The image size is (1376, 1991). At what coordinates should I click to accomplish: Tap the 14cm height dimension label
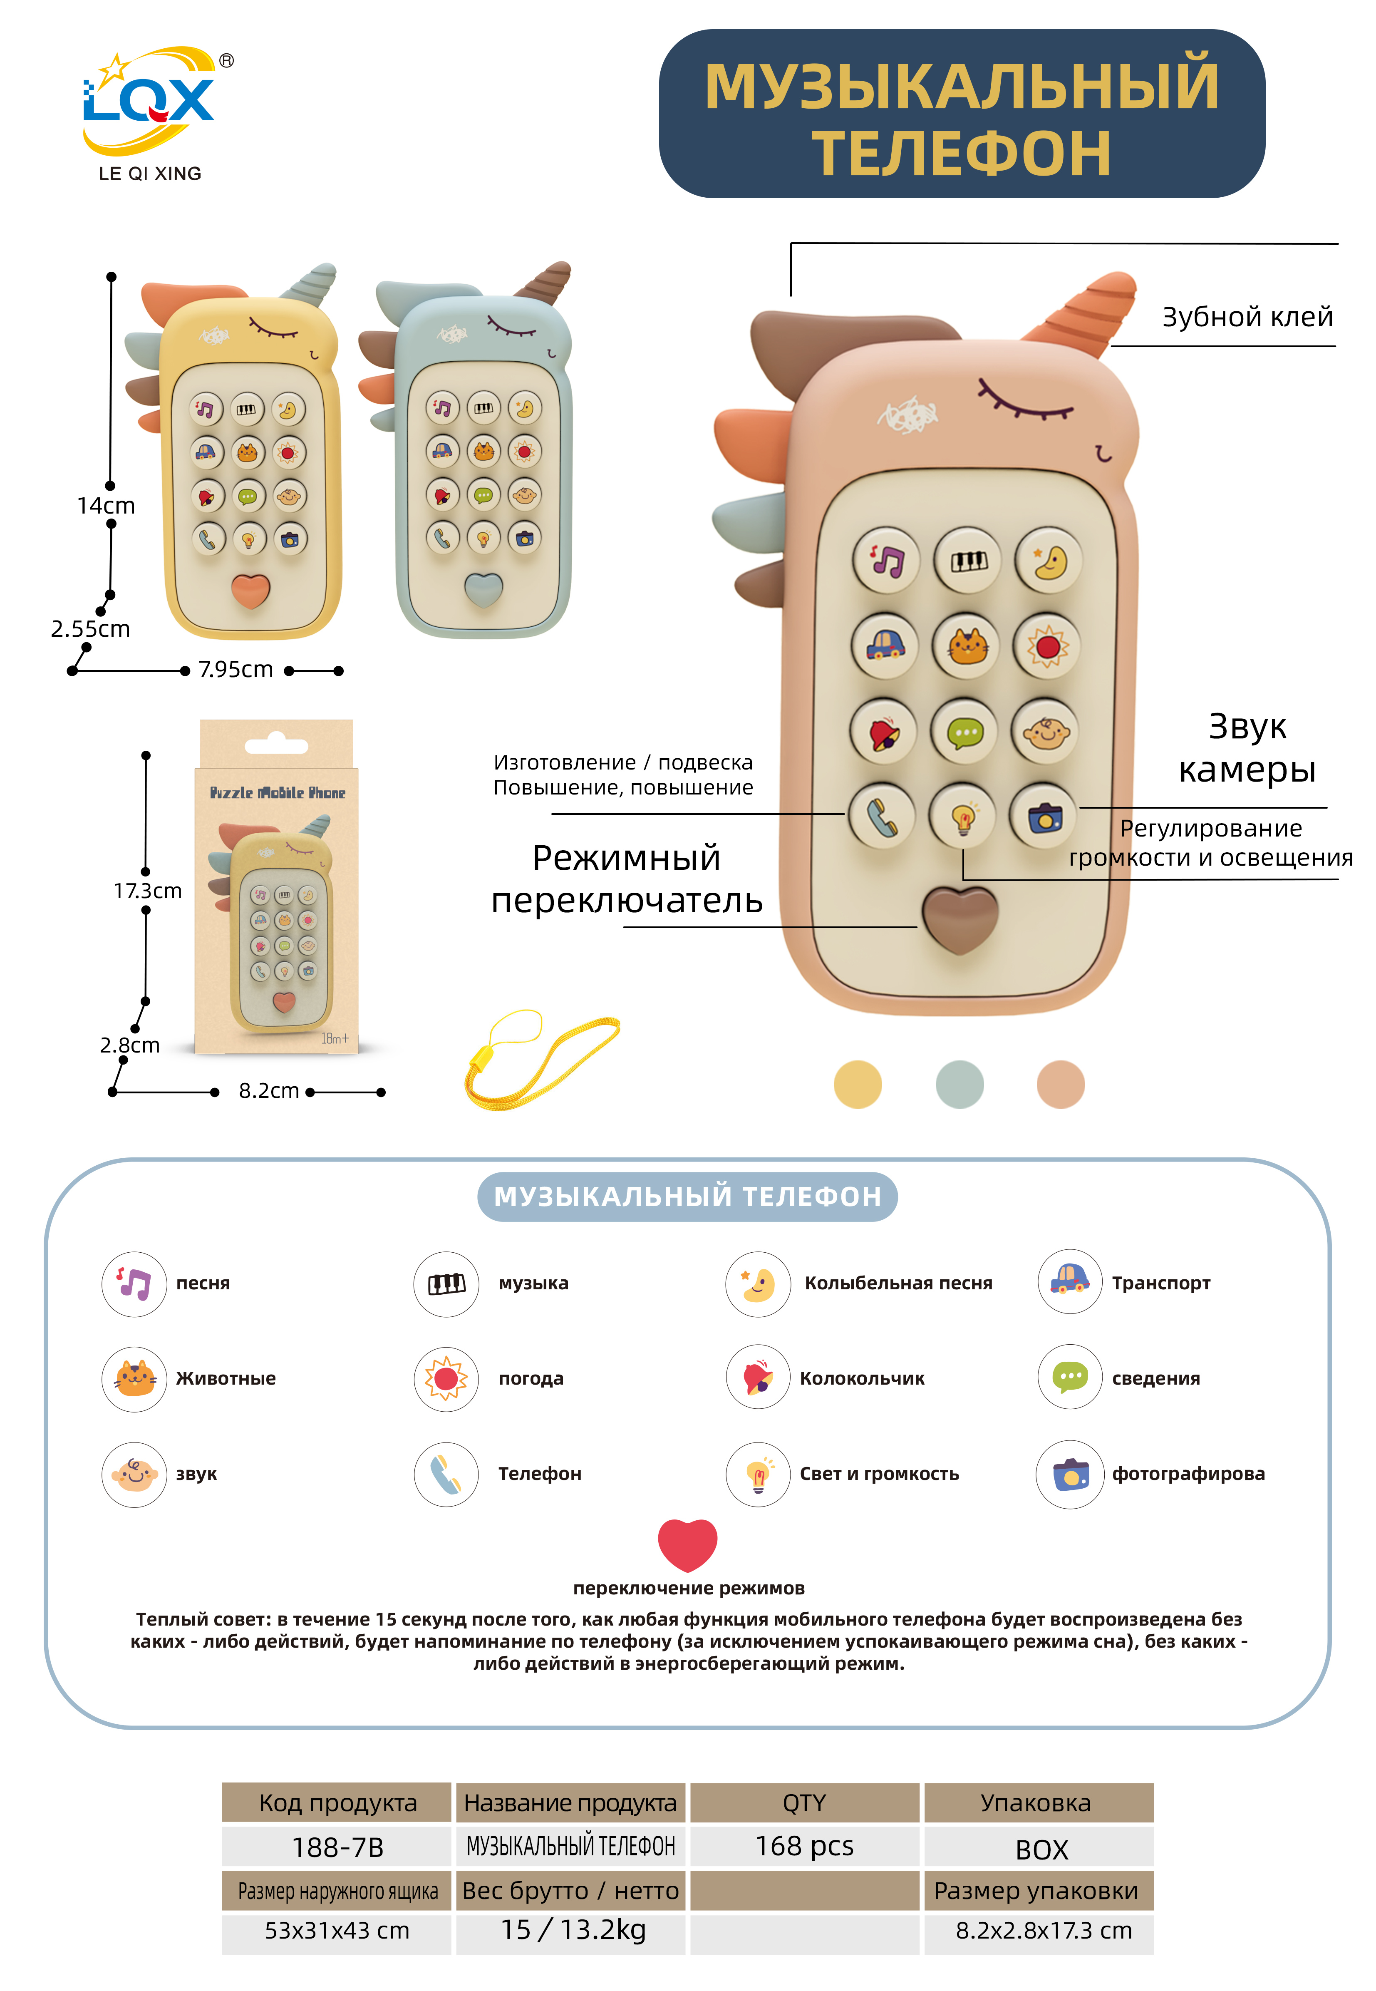tap(106, 506)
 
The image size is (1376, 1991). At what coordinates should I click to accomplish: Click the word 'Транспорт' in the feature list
tap(1160, 1283)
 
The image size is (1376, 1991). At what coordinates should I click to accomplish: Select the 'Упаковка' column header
tap(1037, 1803)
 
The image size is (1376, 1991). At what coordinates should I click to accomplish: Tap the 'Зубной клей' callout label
tap(1247, 317)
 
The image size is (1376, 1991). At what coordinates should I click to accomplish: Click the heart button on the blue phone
tap(483, 590)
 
